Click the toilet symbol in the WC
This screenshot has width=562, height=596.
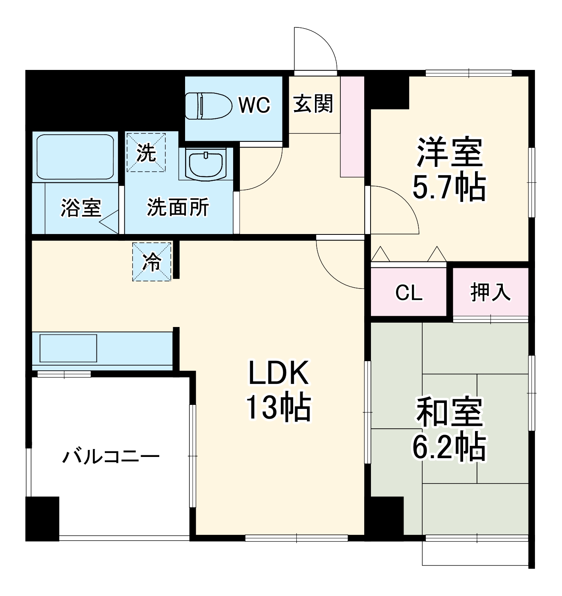pyautogui.click(x=209, y=106)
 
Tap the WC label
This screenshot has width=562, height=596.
pyautogui.click(x=254, y=105)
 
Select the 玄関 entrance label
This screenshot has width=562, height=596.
pyautogui.click(x=313, y=104)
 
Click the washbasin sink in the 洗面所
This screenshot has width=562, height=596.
pyautogui.click(x=206, y=164)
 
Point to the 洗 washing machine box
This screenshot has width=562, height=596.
pyautogui.click(x=146, y=153)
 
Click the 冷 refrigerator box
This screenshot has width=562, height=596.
pyautogui.click(x=152, y=262)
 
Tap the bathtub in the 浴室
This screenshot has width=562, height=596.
pyautogui.click(x=75, y=157)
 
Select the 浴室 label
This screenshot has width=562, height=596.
pyautogui.click(x=81, y=207)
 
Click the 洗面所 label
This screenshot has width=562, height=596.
pyautogui.click(x=178, y=207)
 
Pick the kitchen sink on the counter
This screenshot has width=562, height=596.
pyautogui.click(x=68, y=348)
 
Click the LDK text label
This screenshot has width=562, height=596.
pyautogui.click(x=278, y=373)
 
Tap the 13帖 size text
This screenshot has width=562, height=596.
pyautogui.click(x=278, y=408)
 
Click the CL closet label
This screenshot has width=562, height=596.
pyautogui.click(x=408, y=293)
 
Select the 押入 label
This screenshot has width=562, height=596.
pyautogui.click(x=491, y=292)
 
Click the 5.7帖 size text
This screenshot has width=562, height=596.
pyautogui.click(x=449, y=187)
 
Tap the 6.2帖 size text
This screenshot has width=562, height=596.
pyautogui.click(x=449, y=447)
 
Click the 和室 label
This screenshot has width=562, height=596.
pyautogui.click(x=449, y=412)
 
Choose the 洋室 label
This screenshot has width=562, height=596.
pyautogui.click(x=449, y=152)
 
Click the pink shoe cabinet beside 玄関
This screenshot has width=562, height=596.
pyautogui.click(x=352, y=126)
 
